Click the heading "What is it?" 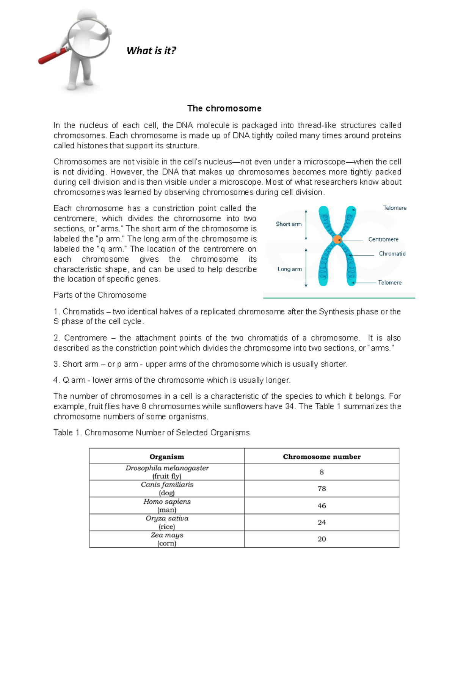coord(151,51)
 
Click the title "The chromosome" coord(224,108)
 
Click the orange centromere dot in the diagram coord(337,240)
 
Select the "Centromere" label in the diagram coord(383,239)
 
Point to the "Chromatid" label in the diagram coord(392,254)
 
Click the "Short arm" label coord(289,224)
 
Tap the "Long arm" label coord(290,269)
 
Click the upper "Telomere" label coord(394,208)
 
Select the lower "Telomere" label coord(389,283)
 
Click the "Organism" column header coord(167,457)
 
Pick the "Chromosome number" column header coord(322,457)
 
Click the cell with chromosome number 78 coord(322,489)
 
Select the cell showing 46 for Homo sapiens coord(322,506)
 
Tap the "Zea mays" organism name coord(167,535)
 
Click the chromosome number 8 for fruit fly coord(322,472)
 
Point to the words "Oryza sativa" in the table coord(167,518)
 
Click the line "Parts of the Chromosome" coord(100,295)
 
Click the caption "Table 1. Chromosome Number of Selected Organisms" coord(151,433)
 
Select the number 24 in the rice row coord(322,522)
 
